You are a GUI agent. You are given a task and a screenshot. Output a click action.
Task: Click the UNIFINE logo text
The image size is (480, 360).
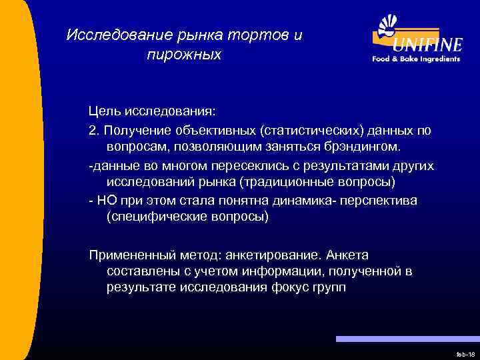tap(427, 45)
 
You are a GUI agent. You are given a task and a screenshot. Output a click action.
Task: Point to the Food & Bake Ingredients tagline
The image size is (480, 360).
tap(416, 59)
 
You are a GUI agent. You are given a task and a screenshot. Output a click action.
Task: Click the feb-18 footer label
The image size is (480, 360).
tap(464, 355)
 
